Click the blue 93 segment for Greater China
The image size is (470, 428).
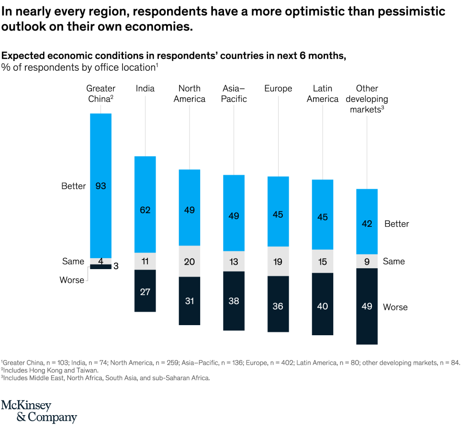click(x=101, y=186)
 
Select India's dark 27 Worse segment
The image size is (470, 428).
click(x=145, y=291)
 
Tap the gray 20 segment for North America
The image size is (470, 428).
click(x=190, y=261)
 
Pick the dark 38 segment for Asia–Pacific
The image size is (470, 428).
click(x=234, y=301)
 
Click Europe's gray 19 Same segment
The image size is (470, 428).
click(x=278, y=261)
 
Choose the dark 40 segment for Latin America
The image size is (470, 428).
click(x=323, y=304)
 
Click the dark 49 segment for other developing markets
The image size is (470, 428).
click(x=367, y=306)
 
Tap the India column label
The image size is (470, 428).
click(x=145, y=89)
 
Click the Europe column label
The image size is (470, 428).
click(x=278, y=89)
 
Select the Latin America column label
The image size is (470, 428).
click(x=323, y=94)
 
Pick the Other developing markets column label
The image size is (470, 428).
click(x=367, y=99)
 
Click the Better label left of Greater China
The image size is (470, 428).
click(x=73, y=186)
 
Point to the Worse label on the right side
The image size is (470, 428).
click(x=395, y=307)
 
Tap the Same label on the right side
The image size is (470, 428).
click(x=394, y=261)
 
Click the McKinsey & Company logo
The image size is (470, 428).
click(x=39, y=411)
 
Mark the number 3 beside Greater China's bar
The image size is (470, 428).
click(x=116, y=266)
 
